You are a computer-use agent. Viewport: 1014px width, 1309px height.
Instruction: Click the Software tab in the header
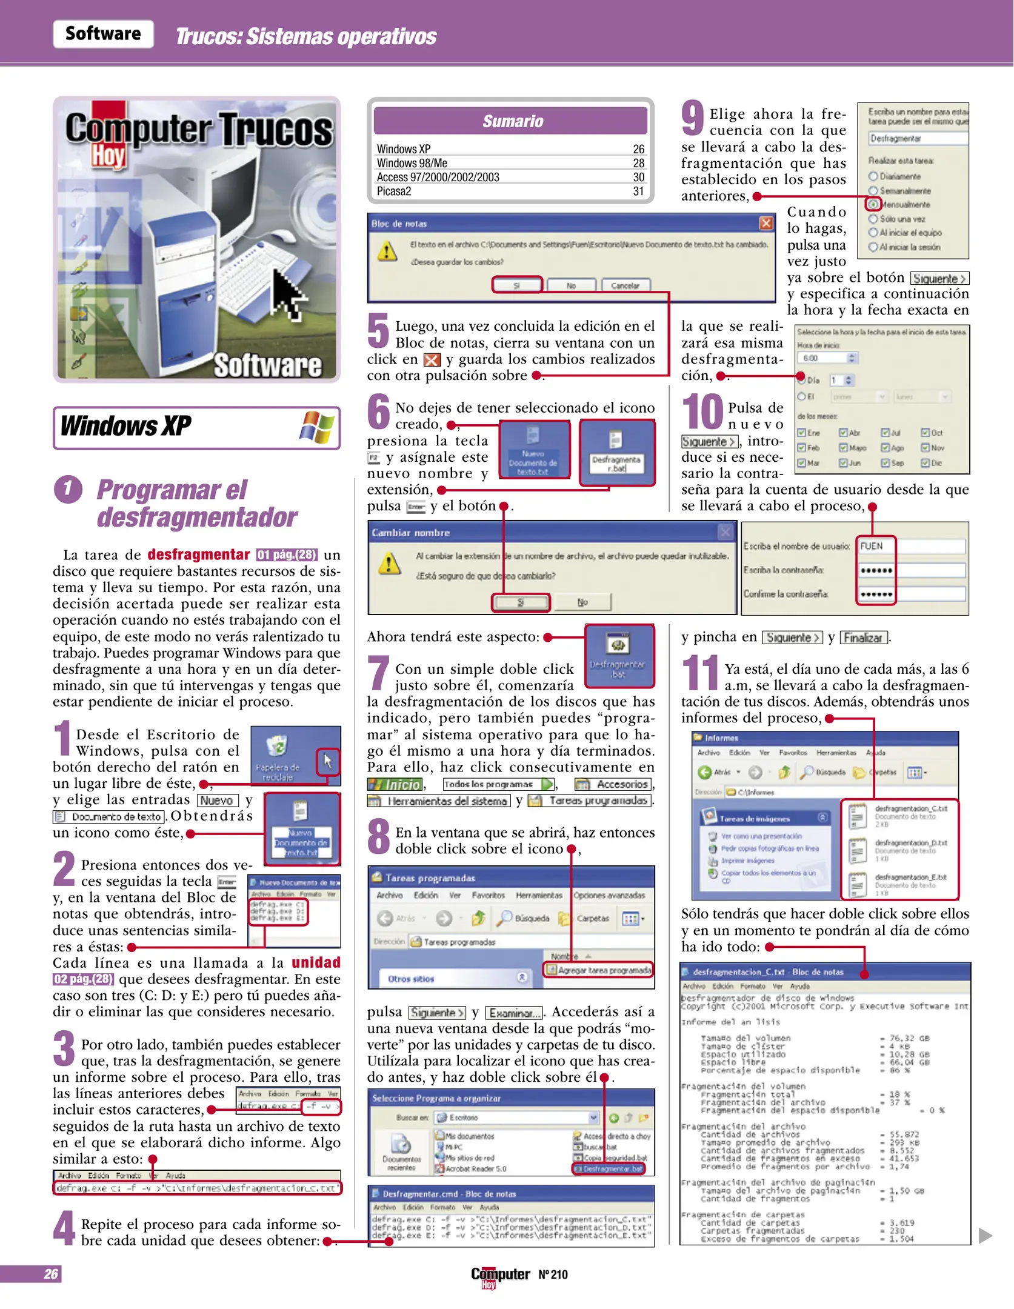(103, 34)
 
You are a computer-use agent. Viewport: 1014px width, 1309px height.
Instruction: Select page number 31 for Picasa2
(638, 192)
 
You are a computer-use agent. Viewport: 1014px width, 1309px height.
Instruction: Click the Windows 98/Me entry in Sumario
(412, 163)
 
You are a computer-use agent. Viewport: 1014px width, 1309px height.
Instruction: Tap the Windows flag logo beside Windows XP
(317, 427)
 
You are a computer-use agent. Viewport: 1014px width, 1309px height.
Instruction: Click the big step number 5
(378, 330)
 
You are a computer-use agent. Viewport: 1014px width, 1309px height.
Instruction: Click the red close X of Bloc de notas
(766, 223)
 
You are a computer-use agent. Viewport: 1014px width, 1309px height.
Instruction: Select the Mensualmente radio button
(873, 204)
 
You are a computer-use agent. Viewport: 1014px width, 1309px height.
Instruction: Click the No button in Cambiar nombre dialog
(582, 602)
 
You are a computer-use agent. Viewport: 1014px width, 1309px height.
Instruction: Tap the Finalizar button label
(863, 638)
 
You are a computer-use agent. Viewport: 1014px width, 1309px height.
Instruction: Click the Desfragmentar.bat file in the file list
(609, 1168)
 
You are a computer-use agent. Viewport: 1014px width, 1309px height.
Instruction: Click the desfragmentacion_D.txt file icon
(857, 850)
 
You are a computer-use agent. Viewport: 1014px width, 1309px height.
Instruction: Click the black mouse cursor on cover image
(288, 294)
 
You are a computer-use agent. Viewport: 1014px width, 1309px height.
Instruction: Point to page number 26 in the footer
(51, 1274)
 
